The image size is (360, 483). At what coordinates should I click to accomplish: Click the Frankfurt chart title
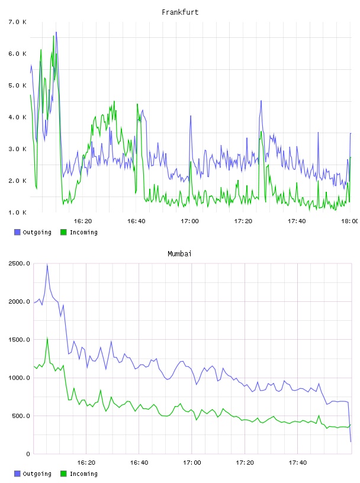pos(180,12)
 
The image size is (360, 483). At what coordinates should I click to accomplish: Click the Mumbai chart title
pos(179,253)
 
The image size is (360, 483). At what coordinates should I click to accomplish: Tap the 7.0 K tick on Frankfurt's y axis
pos(17,22)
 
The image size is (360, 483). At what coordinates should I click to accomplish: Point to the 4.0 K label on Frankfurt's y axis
pos(17,117)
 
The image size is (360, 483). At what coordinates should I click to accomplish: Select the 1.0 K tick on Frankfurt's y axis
pos(17,212)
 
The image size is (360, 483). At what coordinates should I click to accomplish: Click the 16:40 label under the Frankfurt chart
pos(136,221)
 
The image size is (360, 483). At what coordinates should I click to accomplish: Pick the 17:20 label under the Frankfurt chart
pos(243,221)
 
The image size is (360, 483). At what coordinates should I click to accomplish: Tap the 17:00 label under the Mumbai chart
pos(192,462)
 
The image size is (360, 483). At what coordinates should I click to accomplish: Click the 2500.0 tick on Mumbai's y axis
pos(20,263)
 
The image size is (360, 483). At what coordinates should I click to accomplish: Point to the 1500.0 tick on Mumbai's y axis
pos(20,339)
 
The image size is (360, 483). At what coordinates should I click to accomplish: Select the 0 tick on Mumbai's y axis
pos(28,454)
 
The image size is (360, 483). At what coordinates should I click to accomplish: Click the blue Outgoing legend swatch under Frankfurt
pos(17,232)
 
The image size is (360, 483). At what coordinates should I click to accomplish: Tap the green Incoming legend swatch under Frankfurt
pos(63,232)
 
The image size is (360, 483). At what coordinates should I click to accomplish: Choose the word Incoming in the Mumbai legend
pos(83,474)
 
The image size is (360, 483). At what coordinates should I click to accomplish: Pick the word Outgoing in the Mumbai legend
pos(37,474)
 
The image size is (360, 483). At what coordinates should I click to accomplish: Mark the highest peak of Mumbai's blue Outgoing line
pos(47,265)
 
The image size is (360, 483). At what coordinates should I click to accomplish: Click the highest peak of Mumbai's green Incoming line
pos(47,337)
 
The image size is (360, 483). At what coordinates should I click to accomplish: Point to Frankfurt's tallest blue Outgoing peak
pos(56,32)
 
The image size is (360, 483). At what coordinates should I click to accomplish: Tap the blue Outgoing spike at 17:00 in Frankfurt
pos(191,116)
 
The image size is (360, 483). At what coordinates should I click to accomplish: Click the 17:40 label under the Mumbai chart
pos(298,462)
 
